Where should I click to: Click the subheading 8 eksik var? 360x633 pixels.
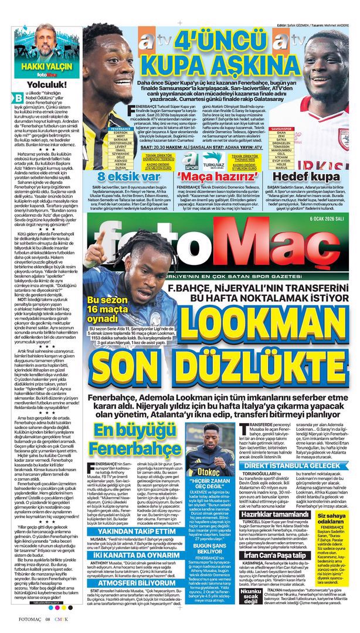tap(117, 176)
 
